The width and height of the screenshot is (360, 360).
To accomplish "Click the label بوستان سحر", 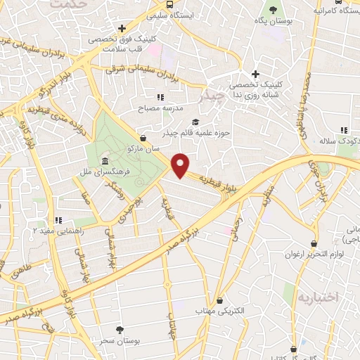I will [139, 340].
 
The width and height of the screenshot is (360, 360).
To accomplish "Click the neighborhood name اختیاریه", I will [318, 297].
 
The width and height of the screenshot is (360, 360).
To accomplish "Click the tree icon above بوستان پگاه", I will [274, 10].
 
